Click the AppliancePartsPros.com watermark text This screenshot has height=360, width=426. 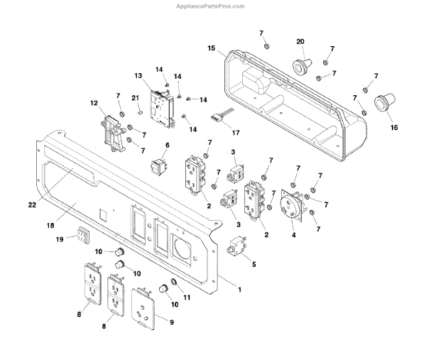pos(212,6)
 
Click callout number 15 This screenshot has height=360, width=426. pos(211,48)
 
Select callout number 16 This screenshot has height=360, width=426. pos(395,128)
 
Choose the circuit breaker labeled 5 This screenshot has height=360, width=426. pos(233,249)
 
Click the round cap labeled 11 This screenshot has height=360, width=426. pos(165,288)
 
